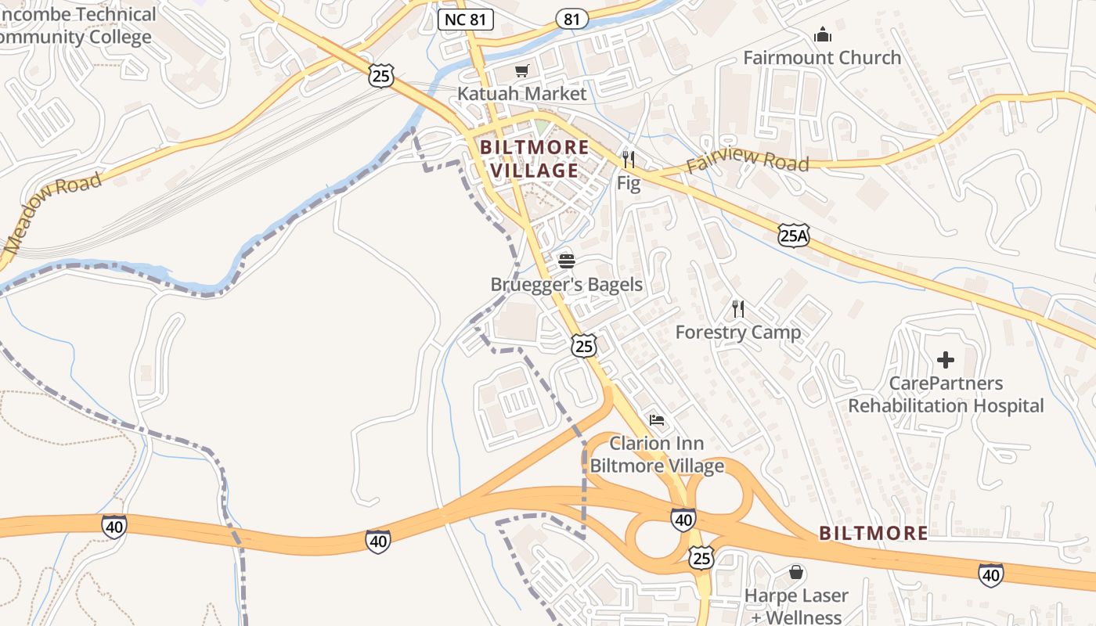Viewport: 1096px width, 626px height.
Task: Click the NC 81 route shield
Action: coord(466,20)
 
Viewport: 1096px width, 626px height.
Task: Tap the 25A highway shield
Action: coord(794,234)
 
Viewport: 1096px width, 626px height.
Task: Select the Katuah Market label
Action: coord(521,94)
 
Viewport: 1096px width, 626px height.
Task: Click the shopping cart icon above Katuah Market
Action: coord(521,71)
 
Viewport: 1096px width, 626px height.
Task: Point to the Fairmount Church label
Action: coord(822,58)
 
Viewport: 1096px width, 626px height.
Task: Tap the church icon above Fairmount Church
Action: coord(823,35)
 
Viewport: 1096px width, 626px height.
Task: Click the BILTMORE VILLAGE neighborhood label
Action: coord(534,159)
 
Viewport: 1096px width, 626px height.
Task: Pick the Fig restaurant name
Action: coord(629,184)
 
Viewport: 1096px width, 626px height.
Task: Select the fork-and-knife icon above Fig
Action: coord(629,160)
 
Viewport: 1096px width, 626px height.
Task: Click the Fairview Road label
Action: coord(747,160)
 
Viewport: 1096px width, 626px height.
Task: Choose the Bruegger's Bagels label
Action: coord(566,285)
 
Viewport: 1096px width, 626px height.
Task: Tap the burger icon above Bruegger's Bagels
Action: coord(567,260)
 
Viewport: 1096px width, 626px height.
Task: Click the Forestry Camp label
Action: coord(738,333)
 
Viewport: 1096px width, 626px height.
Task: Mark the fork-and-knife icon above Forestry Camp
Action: coord(737,309)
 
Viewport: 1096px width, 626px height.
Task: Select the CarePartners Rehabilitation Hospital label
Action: coord(946,394)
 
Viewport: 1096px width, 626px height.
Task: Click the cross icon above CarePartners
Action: coord(946,360)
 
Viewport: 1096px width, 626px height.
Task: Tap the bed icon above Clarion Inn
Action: coord(657,420)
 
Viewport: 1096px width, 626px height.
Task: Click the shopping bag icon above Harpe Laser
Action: coord(796,573)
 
